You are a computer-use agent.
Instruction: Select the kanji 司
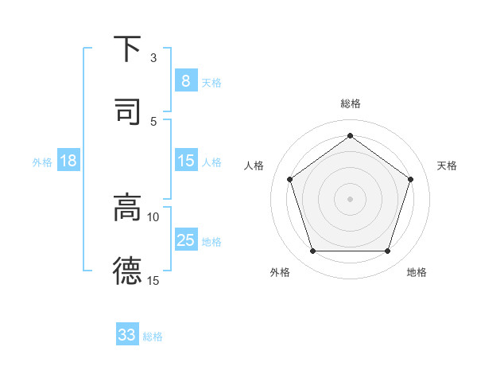(127, 111)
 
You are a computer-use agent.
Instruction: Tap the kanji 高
(127, 208)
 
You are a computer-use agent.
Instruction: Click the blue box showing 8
(185, 80)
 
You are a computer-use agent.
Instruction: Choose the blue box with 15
(185, 161)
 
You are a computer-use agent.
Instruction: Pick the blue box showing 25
(185, 240)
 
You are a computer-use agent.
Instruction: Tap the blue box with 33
(127, 335)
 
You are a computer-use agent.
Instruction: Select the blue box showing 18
(68, 161)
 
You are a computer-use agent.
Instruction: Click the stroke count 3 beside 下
(153, 58)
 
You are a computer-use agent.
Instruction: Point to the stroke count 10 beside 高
(153, 216)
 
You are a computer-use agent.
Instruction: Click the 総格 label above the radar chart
(350, 103)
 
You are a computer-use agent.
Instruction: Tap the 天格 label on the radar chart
(447, 166)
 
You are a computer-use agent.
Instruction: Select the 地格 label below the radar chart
(417, 272)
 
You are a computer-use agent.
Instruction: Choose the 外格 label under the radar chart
(280, 272)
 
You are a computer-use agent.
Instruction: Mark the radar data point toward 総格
(350, 136)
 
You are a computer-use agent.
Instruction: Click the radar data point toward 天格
(410, 179)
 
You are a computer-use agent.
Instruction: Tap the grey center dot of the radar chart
(350, 198)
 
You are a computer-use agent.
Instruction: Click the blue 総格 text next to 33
(153, 337)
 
